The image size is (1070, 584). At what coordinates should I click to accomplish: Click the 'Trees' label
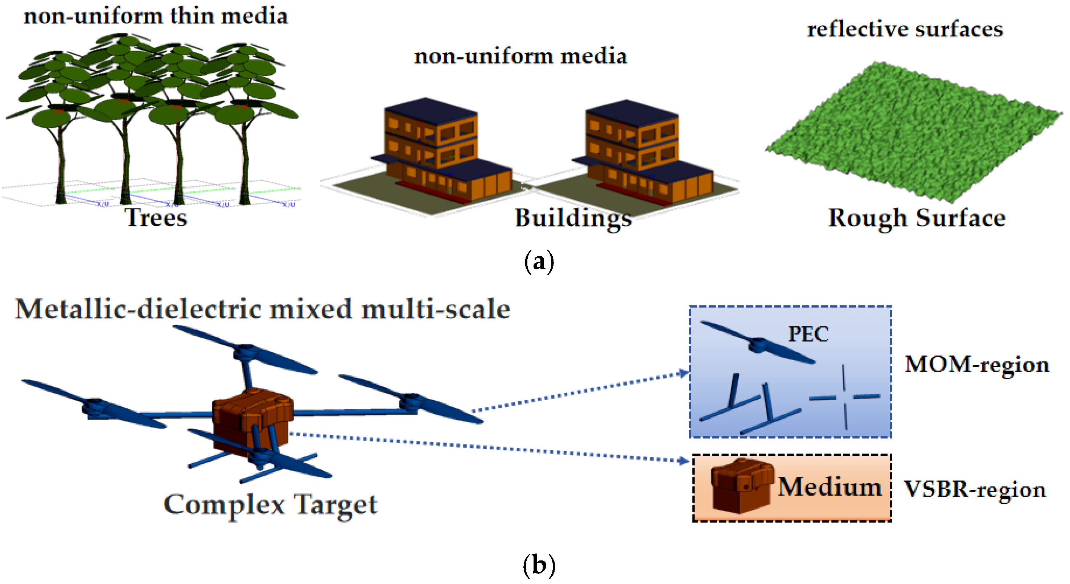tap(156, 218)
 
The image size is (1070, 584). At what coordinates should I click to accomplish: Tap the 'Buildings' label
tap(573, 218)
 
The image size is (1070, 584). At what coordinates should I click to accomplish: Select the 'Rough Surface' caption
tap(917, 218)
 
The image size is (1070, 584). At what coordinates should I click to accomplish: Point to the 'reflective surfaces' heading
tap(905, 29)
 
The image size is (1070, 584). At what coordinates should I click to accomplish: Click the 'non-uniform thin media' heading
tap(155, 17)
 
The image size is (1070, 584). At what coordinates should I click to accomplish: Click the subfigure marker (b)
tap(539, 565)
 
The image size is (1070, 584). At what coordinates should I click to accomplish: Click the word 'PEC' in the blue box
tap(808, 334)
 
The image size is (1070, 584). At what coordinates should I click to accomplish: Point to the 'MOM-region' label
tap(976, 364)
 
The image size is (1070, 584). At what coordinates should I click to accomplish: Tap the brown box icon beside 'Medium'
tap(741, 486)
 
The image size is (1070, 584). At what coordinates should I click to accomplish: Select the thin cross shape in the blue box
tap(844, 397)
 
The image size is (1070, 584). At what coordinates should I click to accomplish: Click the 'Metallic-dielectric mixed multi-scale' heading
tap(263, 309)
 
